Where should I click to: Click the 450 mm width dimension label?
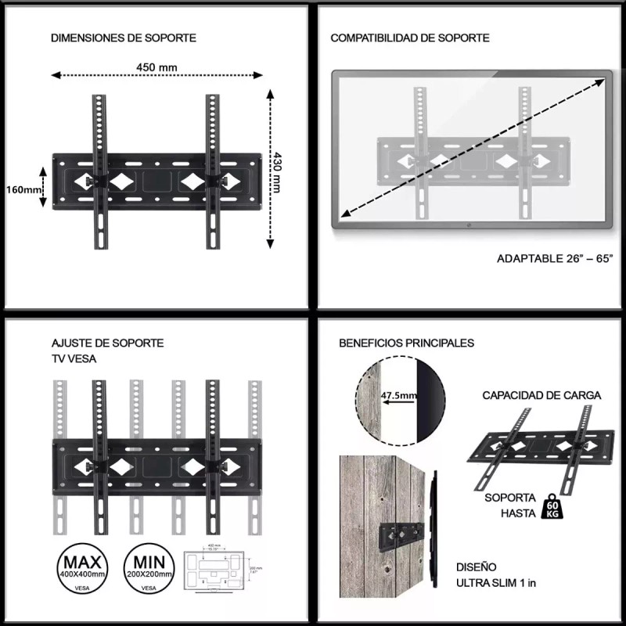point(156,67)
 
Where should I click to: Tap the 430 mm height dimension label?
point(276,167)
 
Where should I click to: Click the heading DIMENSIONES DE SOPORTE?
point(123,38)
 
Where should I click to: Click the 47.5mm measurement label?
point(398,396)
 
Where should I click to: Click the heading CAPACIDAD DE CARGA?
point(541,395)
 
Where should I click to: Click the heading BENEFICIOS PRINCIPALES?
point(406,343)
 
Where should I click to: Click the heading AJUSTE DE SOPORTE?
point(107,343)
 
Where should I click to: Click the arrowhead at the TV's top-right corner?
point(606,76)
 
